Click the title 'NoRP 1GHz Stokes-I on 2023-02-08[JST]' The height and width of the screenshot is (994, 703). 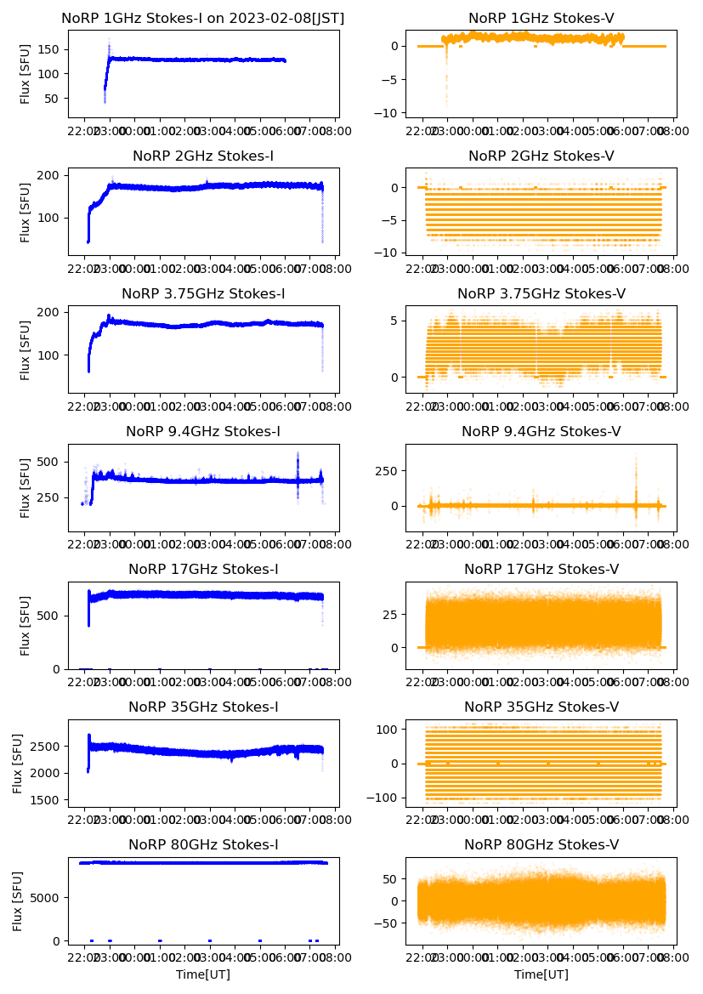tap(203, 18)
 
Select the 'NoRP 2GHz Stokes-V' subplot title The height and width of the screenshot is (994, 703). tap(541, 156)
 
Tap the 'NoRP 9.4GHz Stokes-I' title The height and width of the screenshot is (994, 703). tap(203, 431)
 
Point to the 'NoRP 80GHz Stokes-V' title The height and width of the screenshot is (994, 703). tap(541, 844)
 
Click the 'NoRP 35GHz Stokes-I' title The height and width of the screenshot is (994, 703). tap(203, 707)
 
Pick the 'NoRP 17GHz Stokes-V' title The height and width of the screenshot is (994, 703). tap(541, 569)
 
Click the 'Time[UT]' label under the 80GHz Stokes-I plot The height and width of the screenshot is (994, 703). tap(203, 974)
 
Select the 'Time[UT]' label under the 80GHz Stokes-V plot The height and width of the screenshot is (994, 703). tap(541, 974)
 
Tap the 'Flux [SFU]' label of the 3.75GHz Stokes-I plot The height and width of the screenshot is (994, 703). tap(26, 349)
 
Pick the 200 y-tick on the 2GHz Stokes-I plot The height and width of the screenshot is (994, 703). tap(50, 175)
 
